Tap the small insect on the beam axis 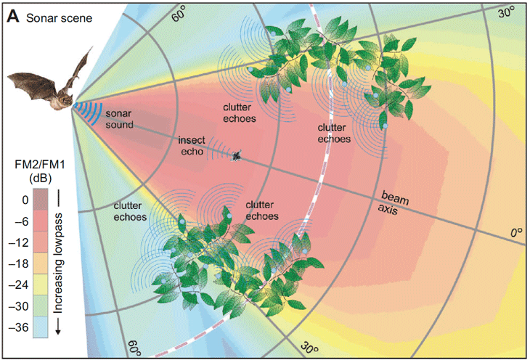(236, 155)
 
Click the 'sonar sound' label (119, 120)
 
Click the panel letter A (13, 16)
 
